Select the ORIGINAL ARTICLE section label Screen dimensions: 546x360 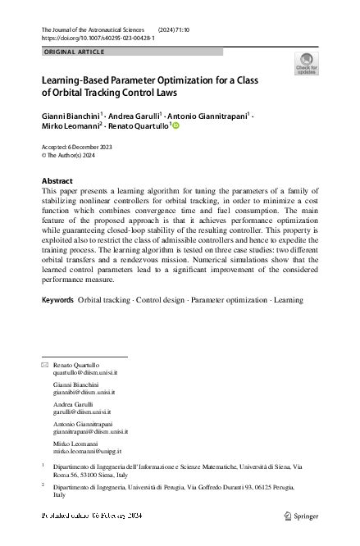click(73, 52)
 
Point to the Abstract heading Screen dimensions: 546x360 click(57, 181)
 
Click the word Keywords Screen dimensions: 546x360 click(57, 300)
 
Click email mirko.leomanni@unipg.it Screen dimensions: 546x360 click(87, 451)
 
